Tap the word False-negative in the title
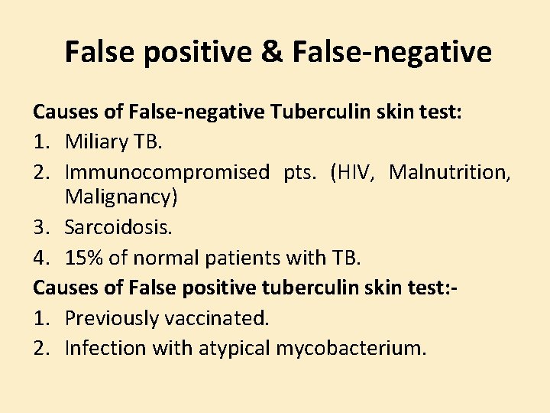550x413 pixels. point(394,52)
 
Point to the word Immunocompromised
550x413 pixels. point(167,173)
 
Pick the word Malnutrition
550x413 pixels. point(449,172)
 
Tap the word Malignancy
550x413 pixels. point(121,197)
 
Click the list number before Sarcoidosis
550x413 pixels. point(40,227)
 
